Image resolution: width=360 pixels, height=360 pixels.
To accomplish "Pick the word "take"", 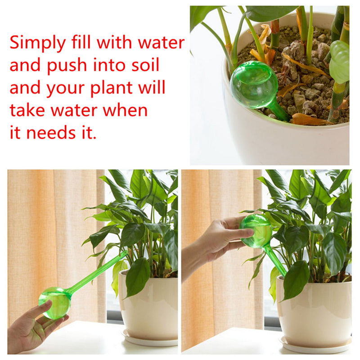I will [x=27, y=110].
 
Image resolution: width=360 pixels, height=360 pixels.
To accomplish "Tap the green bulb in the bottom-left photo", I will [x=55, y=302].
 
